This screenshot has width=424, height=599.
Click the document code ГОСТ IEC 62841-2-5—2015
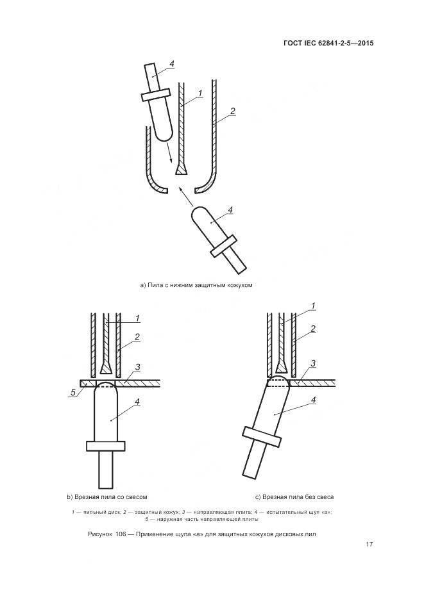(328, 44)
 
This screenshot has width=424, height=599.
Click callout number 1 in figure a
(201, 94)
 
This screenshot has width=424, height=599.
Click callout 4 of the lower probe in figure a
(230, 209)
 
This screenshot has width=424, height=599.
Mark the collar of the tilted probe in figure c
(260, 436)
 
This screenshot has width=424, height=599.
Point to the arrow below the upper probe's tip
(169, 153)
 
